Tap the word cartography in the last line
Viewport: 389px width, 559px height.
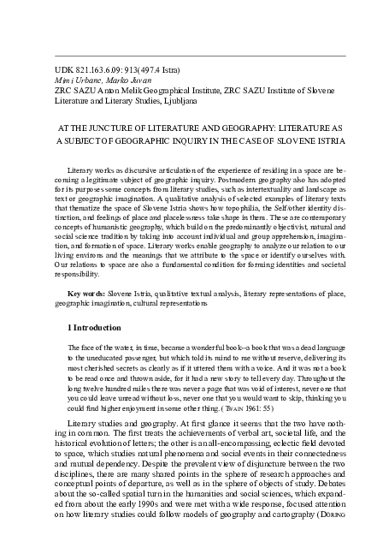[287, 527]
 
